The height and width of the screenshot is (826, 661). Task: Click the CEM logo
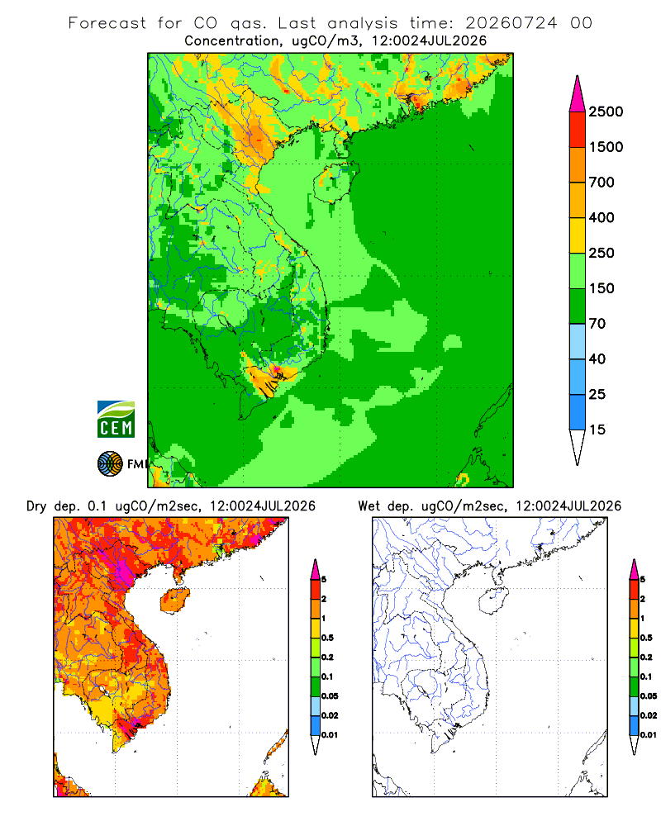(x=116, y=420)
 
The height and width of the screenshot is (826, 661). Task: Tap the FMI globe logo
(x=110, y=464)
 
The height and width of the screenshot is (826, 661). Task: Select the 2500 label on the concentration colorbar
(x=606, y=112)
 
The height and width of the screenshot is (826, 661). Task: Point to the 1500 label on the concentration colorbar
(x=606, y=147)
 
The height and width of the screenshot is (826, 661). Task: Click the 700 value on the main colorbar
(x=602, y=183)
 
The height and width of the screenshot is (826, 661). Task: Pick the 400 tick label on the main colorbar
(x=602, y=217)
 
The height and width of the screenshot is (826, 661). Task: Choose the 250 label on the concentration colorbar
(x=602, y=253)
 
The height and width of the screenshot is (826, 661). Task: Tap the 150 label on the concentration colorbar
(x=602, y=288)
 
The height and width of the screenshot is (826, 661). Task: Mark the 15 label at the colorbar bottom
(x=597, y=430)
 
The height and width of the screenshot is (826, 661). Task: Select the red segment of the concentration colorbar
(x=578, y=130)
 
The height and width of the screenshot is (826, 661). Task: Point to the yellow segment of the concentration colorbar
(x=578, y=235)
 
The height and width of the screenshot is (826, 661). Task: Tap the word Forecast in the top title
(x=107, y=23)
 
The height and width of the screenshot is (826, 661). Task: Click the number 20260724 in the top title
(x=511, y=23)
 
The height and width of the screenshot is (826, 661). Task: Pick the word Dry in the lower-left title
(x=36, y=506)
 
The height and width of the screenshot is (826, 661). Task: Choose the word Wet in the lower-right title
(x=369, y=506)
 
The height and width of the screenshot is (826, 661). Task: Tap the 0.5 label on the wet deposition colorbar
(x=646, y=638)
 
